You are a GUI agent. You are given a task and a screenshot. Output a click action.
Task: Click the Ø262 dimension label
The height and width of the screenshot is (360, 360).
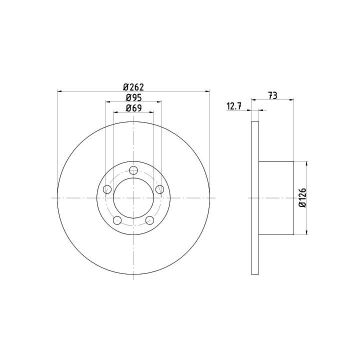pyautogui.click(x=133, y=87)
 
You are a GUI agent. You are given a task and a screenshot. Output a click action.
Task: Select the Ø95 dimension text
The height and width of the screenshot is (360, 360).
pyautogui.click(x=133, y=98)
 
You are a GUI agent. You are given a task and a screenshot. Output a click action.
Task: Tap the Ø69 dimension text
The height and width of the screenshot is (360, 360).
pyautogui.click(x=133, y=108)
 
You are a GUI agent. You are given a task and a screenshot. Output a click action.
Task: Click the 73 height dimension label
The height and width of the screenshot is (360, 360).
pyautogui.click(x=273, y=95)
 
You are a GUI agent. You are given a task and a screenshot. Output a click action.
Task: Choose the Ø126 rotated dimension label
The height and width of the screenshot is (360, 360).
pyautogui.click(x=303, y=198)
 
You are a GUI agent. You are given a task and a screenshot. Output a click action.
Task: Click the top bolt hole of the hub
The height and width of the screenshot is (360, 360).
pyautogui.click(x=133, y=170)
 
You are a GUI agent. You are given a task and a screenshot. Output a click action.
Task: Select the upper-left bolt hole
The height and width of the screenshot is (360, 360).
pyautogui.click(x=107, y=189)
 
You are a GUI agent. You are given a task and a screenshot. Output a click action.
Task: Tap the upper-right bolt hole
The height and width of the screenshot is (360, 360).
pyautogui.click(x=160, y=189)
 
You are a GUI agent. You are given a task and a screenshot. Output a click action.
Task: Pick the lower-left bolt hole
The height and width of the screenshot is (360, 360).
pyautogui.click(x=117, y=220)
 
